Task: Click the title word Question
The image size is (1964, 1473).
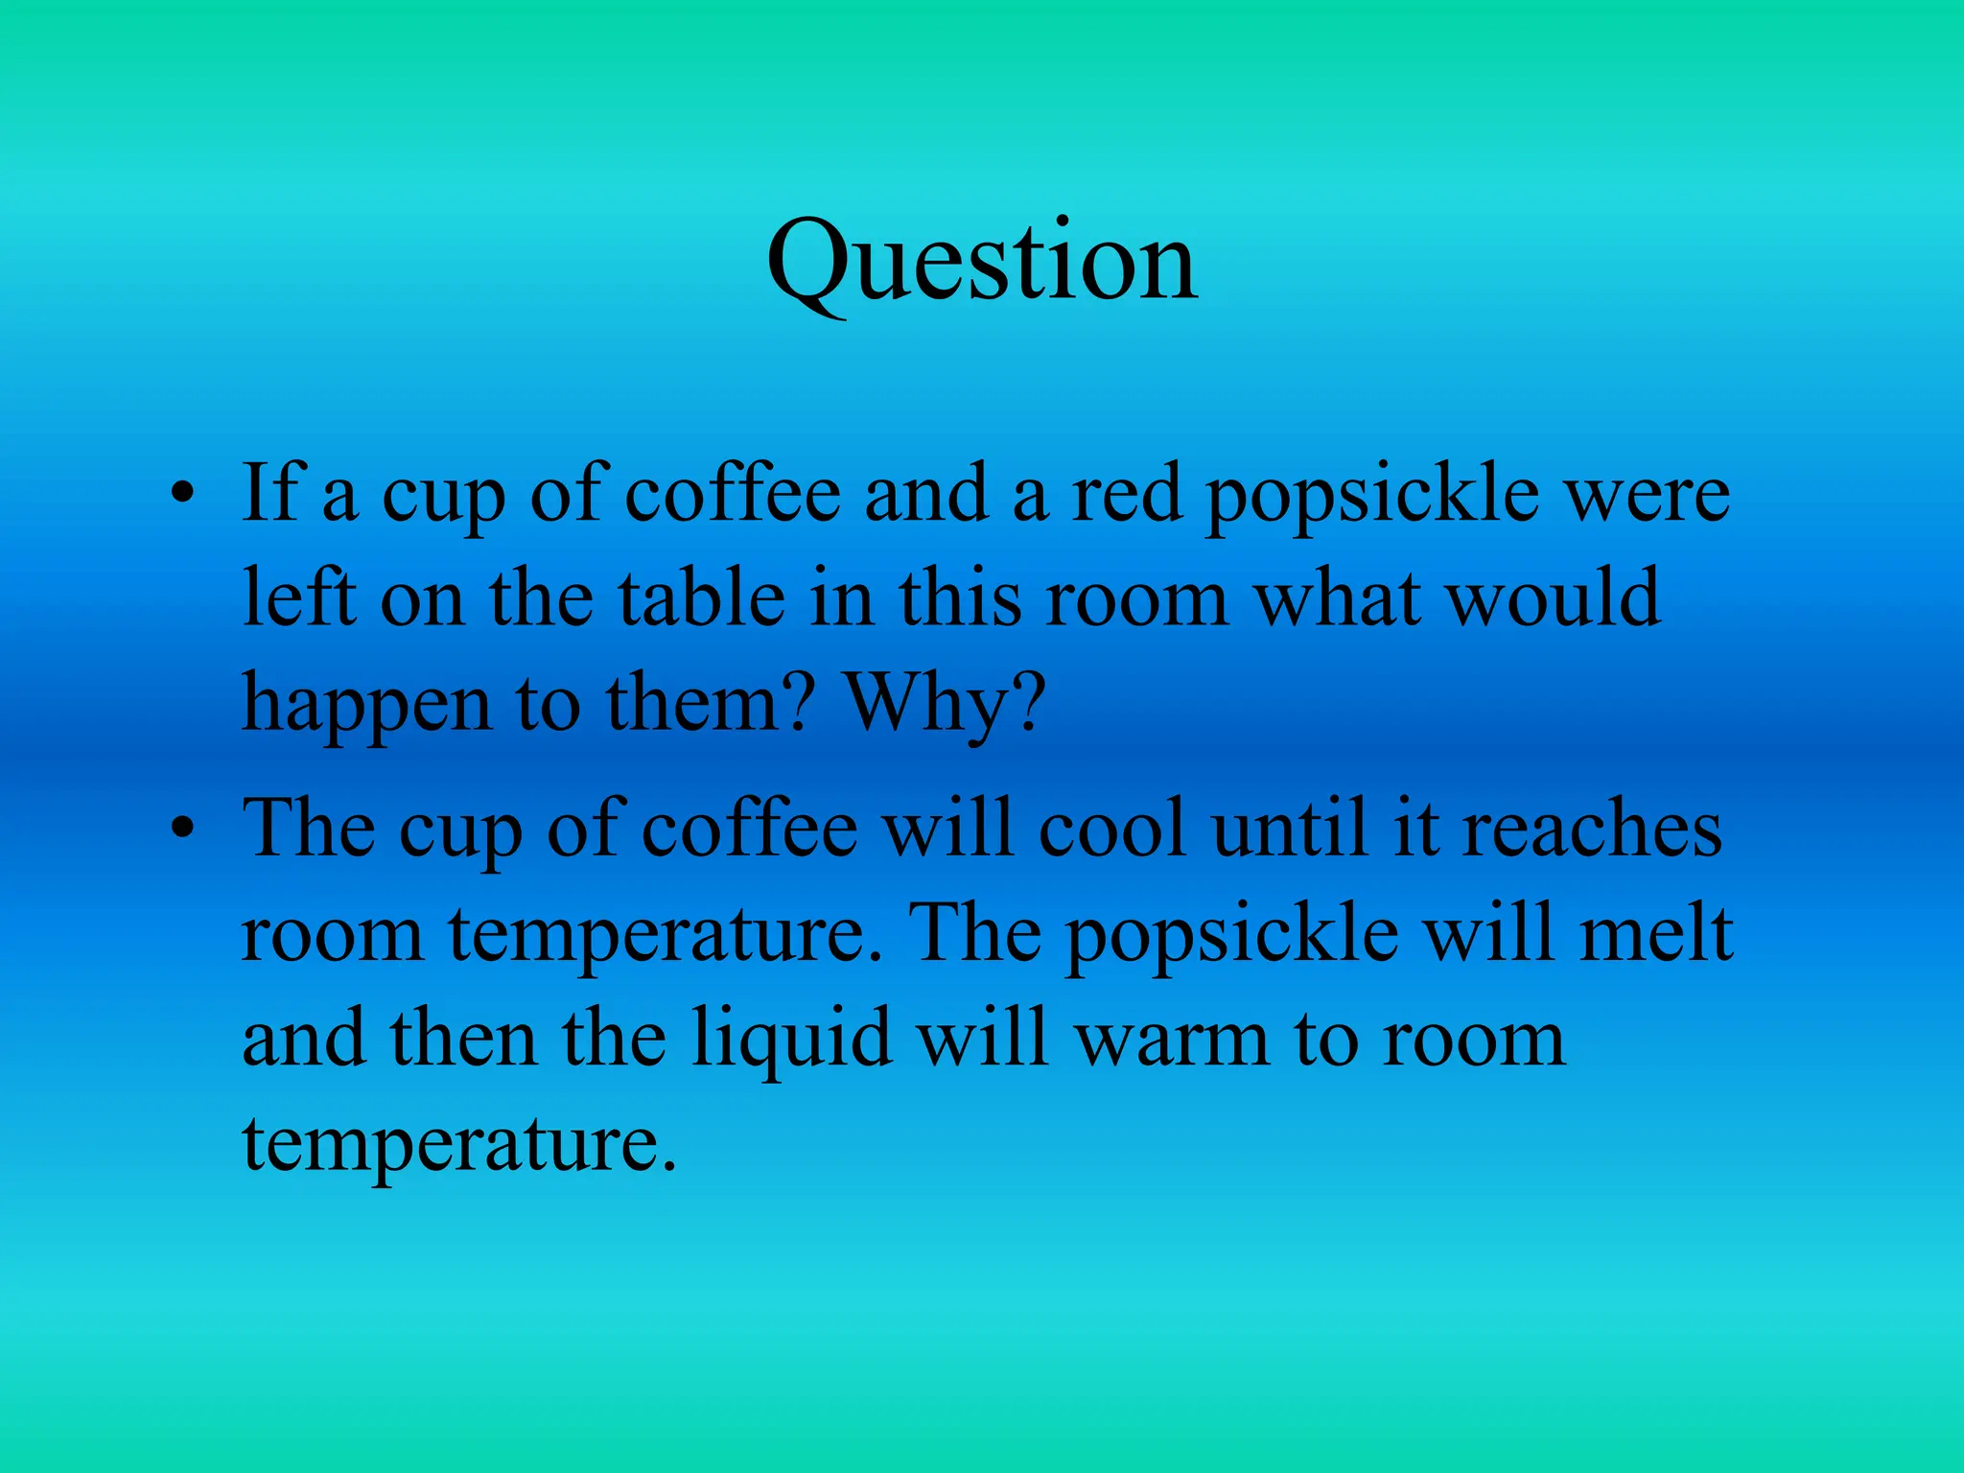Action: [982, 261]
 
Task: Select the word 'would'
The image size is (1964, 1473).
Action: [1554, 598]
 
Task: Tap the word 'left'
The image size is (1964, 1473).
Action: [298, 598]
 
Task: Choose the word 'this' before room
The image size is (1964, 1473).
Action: [960, 598]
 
